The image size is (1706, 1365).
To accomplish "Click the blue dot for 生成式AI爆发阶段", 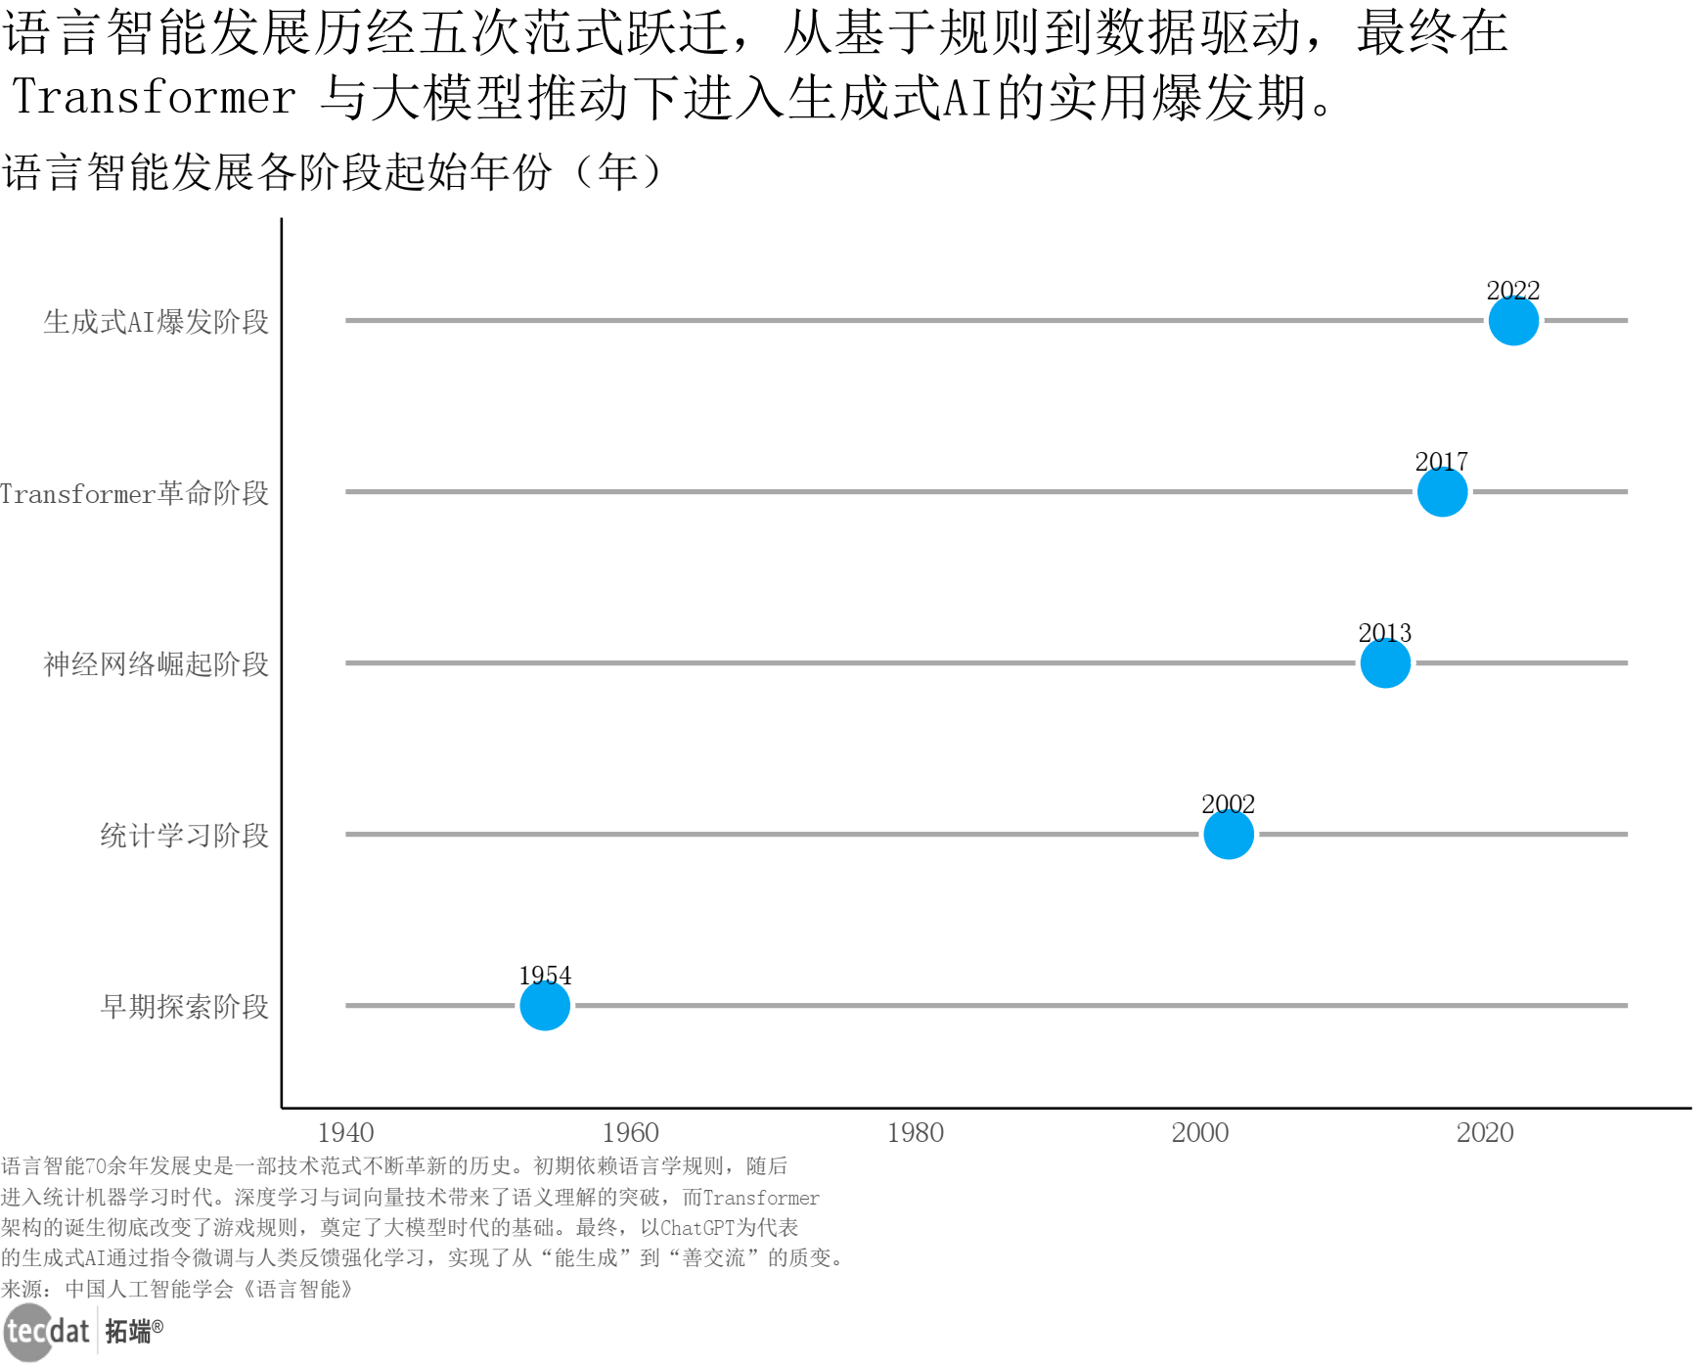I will [1512, 321].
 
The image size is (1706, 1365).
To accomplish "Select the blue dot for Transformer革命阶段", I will [1442, 492].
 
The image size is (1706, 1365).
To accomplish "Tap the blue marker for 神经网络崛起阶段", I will [1385, 663].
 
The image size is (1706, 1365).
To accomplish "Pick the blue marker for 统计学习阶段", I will [1229, 835].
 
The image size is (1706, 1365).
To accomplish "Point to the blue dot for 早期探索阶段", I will [545, 1006].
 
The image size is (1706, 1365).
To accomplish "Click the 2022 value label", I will [1512, 291].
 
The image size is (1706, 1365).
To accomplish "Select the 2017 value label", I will [1442, 462].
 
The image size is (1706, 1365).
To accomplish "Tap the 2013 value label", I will [1385, 633].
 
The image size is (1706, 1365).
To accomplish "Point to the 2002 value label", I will [1229, 804].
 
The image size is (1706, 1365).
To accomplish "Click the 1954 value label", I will [545, 976].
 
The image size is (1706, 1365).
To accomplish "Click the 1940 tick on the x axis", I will [345, 1133].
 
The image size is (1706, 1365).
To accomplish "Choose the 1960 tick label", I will [630, 1133].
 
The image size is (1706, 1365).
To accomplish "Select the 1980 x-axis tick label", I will [915, 1133].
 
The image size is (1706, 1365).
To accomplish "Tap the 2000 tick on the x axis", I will [1199, 1133].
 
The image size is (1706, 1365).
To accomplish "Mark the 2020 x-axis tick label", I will [1484, 1133].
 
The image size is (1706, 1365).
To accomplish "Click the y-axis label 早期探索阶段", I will [184, 1007].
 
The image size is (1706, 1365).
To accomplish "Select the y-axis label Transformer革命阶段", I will [134, 493].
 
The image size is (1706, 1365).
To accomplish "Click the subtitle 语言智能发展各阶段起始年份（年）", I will [333, 173].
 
